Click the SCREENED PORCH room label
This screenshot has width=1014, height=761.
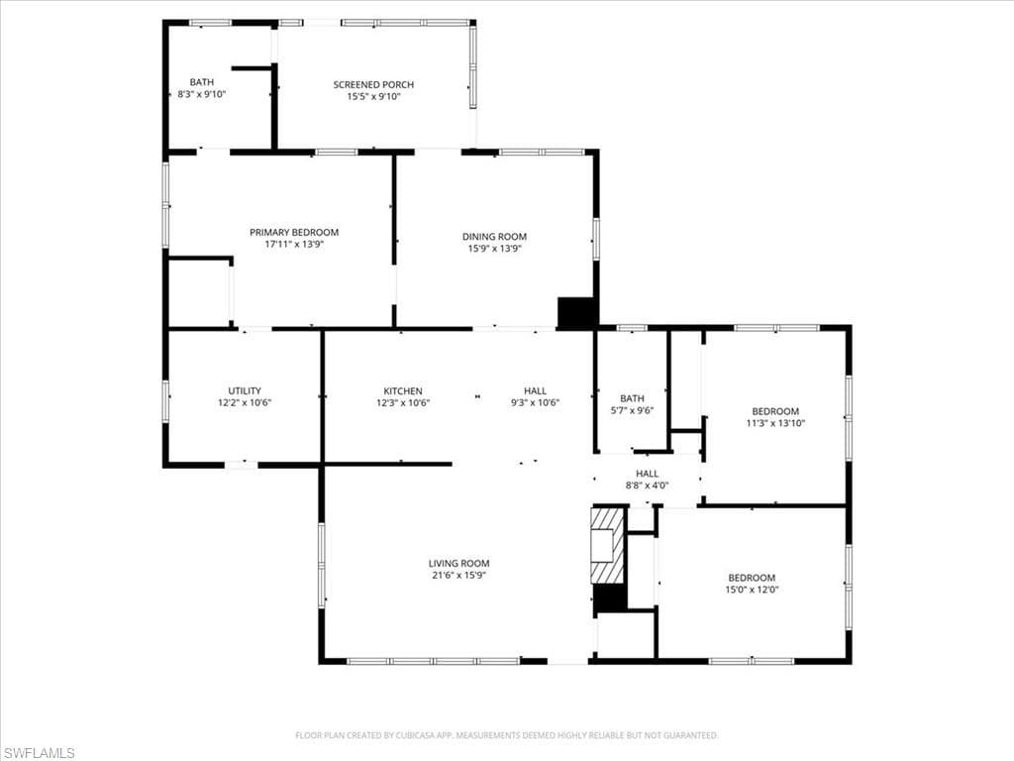pyautogui.click(x=373, y=84)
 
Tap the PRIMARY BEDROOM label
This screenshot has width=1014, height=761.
pyautogui.click(x=294, y=232)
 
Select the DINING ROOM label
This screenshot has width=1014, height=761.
pyautogui.click(x=494, y=236)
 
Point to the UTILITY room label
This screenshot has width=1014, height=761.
pyautogui.click(x=245, y=390)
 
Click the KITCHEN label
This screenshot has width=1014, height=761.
pyautogui.click(x=403, y=390)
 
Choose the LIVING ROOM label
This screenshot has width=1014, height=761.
pyautogui.click(x=458, y=563)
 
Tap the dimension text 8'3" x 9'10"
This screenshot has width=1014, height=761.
pyautogui.click(x=202, y=95)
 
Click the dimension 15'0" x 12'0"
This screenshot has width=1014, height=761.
pyautogui.click(x=752, y=590)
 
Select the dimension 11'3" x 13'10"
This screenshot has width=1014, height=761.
pyautogui.click(x=775, y=423)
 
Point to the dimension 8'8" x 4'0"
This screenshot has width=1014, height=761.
pyautogui.click(x=647, y=486)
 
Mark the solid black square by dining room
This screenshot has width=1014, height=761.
pyautogui.click(x=577, y=312)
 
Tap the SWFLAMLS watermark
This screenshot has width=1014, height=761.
pyautogui.click(x=39, y=753)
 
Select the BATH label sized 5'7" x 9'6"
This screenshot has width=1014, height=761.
pyautogui.click(x=632, y=398)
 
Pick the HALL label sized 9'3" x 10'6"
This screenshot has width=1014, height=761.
pyautogui.click(x=535, y=390)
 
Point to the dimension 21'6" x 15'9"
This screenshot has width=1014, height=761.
pyautogui.click(x=458, y=575)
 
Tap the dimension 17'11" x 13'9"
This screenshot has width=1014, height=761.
pyautogui.click(x=294, y=244)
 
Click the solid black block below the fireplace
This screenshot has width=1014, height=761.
pyautogui.click(x=609, y=598)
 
